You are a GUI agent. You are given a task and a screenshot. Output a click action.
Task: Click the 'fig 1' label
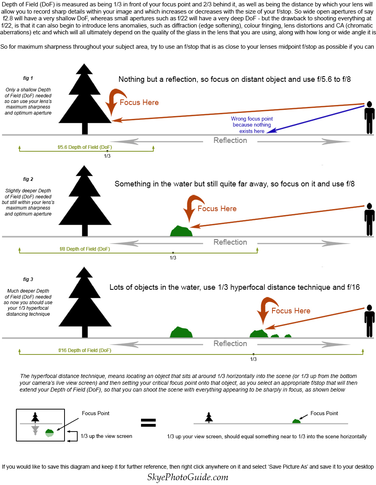tap(28, 78)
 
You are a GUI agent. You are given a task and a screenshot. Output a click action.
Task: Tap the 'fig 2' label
tap(28, 179)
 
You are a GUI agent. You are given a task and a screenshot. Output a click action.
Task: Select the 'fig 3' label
tap(28, 279)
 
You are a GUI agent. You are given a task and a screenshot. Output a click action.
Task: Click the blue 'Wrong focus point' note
tap(252, 125)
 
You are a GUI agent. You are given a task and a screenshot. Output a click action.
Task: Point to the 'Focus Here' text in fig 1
tap(139, 103)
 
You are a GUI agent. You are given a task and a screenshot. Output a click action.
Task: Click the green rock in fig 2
tap(181, 231)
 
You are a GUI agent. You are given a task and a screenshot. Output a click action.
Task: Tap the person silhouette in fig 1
tap(369, 117)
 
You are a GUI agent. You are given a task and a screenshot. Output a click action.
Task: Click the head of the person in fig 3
tap(369, 307)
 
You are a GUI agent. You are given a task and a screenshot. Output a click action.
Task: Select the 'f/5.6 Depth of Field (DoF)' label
tap(85, 147)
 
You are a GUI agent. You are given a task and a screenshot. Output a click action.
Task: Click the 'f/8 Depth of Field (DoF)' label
tap(85, 249)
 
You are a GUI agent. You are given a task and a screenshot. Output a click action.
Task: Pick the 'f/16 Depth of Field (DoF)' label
tap(85, 350)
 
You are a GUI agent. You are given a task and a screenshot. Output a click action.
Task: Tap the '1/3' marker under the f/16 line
tap(253, 359)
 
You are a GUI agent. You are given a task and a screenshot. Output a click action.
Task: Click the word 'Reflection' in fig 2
tap(230, 242)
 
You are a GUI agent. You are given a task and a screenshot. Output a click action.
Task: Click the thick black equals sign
tap(148, 422)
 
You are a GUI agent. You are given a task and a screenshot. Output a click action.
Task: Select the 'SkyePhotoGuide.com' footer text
tap(188, 477)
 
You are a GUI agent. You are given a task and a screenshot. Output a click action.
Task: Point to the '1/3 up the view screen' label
tap(106, 436)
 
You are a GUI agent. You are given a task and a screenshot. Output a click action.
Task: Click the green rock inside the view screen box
tap(49, 433)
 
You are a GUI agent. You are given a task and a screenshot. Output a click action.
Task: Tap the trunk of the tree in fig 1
tap(85, 129)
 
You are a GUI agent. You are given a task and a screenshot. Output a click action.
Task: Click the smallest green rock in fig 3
tap(288, 335)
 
